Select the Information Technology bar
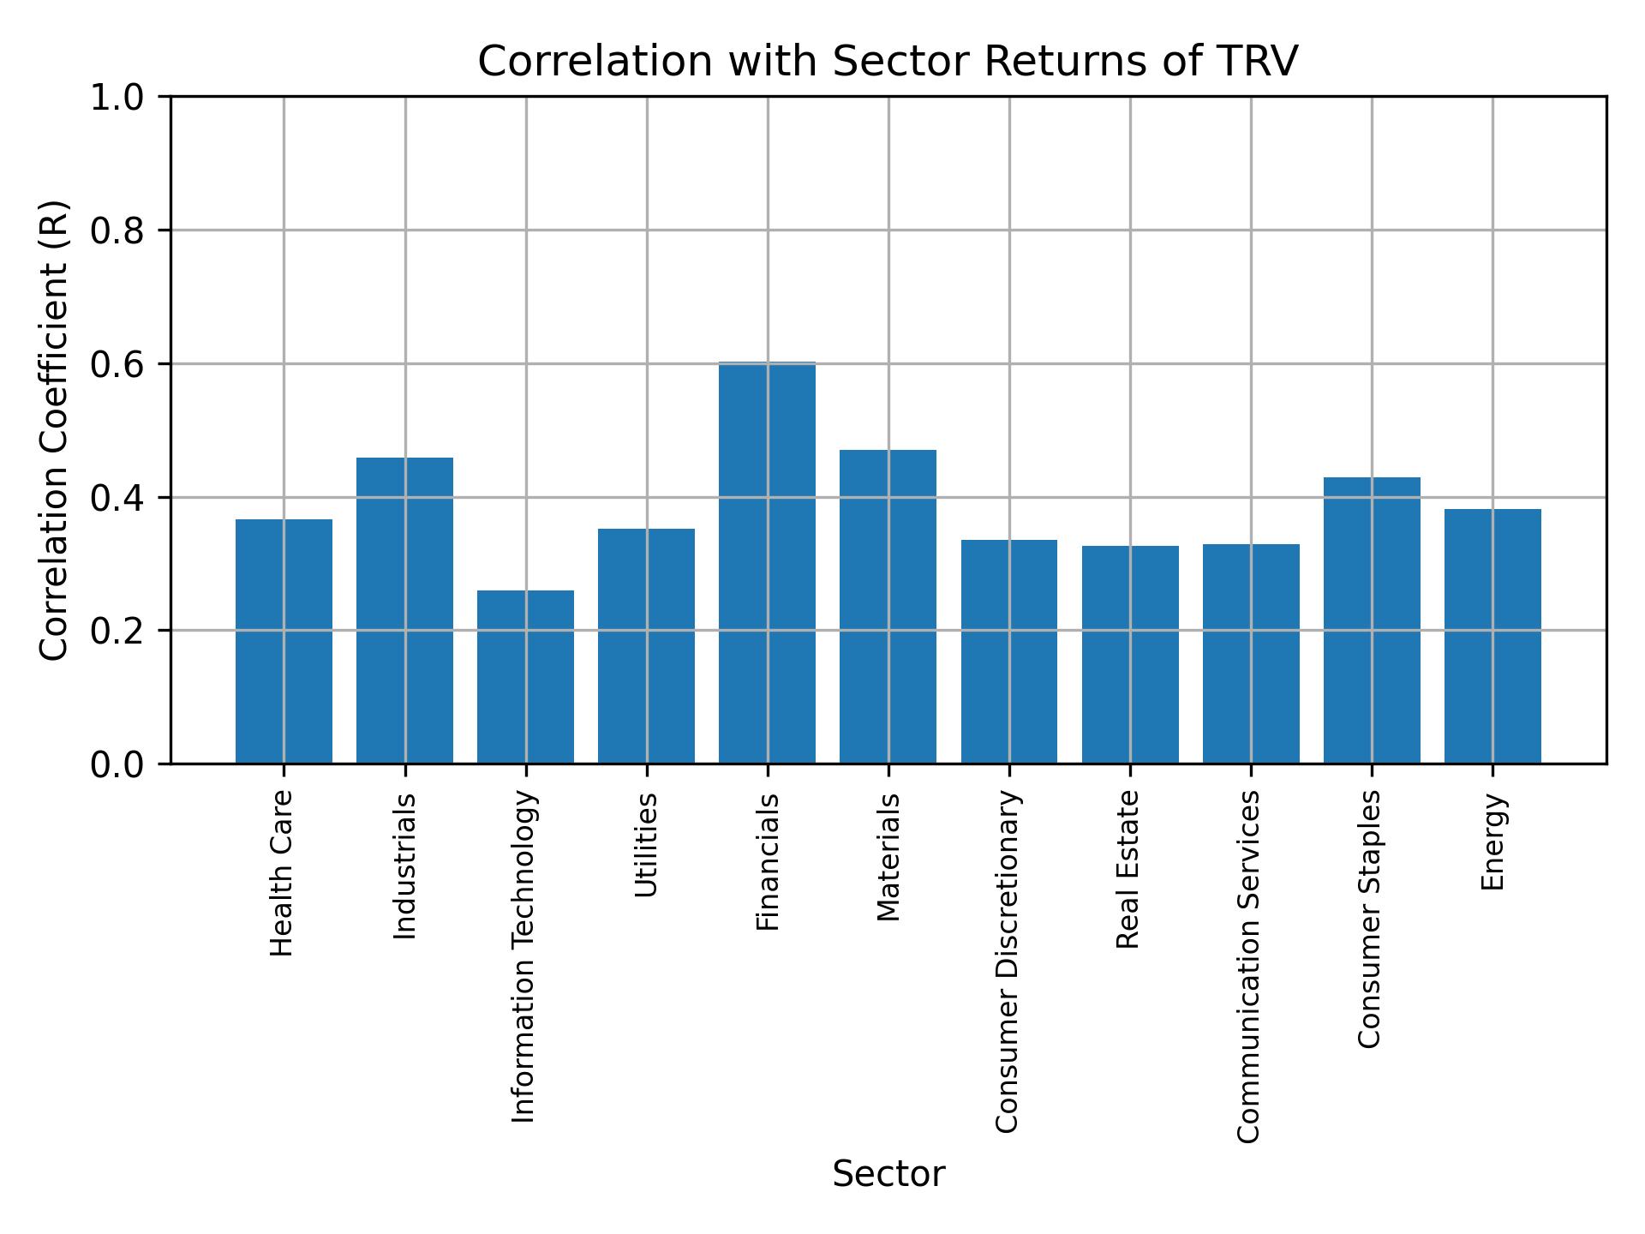click(x=525, y=677)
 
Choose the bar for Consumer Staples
click(x=1372, y=620)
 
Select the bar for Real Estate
click(x=1130, y=655)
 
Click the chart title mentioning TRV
click(x=888, y=62)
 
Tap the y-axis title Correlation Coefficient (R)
click(x=54, y=430)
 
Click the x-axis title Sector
click(x=888, y=1174)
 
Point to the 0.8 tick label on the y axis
click(x=118, y=231)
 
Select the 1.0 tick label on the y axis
click(x=118, y=97)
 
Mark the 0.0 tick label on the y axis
click(x=118, y=764)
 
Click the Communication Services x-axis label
click(x=1249, y=967)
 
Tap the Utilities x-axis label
click(x=646, y=845)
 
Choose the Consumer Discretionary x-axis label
click(x=1008, y=961)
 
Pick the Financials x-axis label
click(x=768, y=862)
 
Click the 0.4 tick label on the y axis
click(x=118, y=497)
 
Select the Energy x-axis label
click(x=1492, y=842)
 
